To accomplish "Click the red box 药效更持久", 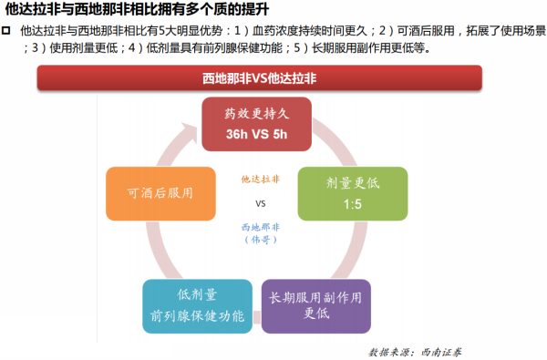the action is click(x=257, y=124).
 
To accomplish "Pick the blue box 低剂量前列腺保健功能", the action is click(x=198, y=305).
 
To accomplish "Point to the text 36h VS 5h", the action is click(x=257, y=135).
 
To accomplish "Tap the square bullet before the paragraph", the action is click(x=7, y=31).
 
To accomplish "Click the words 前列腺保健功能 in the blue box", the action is click(x=198, y=315).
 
